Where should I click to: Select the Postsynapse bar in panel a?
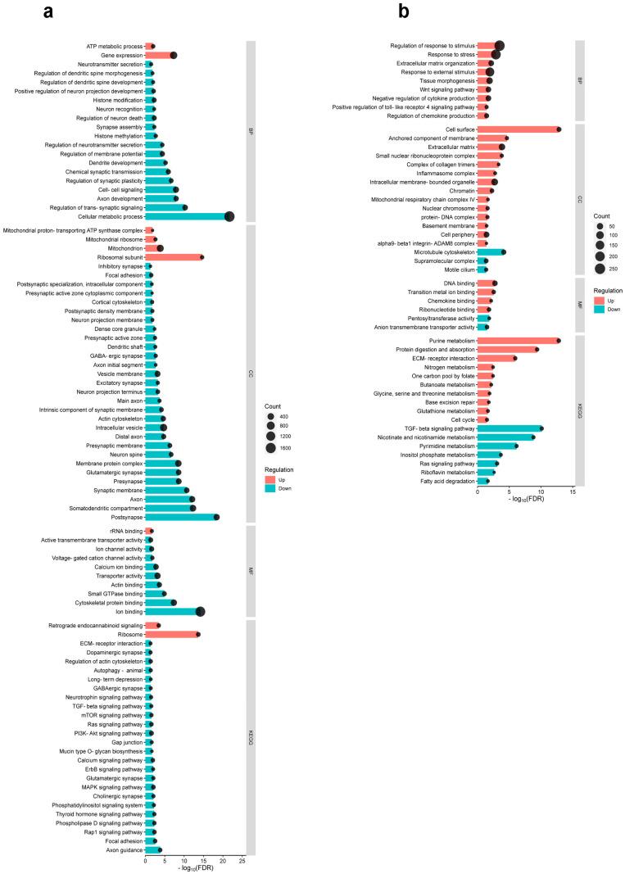180,517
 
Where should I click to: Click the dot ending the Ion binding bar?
200,611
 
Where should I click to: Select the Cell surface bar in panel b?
517,129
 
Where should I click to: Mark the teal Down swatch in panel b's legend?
599,311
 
